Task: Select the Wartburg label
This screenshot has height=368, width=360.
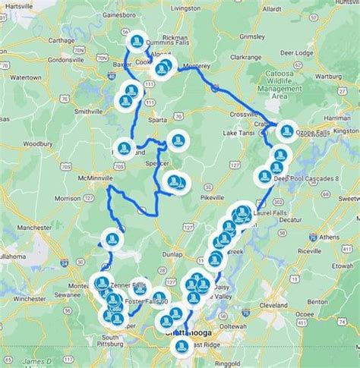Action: point(331,76)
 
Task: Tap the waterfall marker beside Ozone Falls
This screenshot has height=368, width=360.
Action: point(286,131)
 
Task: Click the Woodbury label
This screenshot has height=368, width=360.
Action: point(38,143)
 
